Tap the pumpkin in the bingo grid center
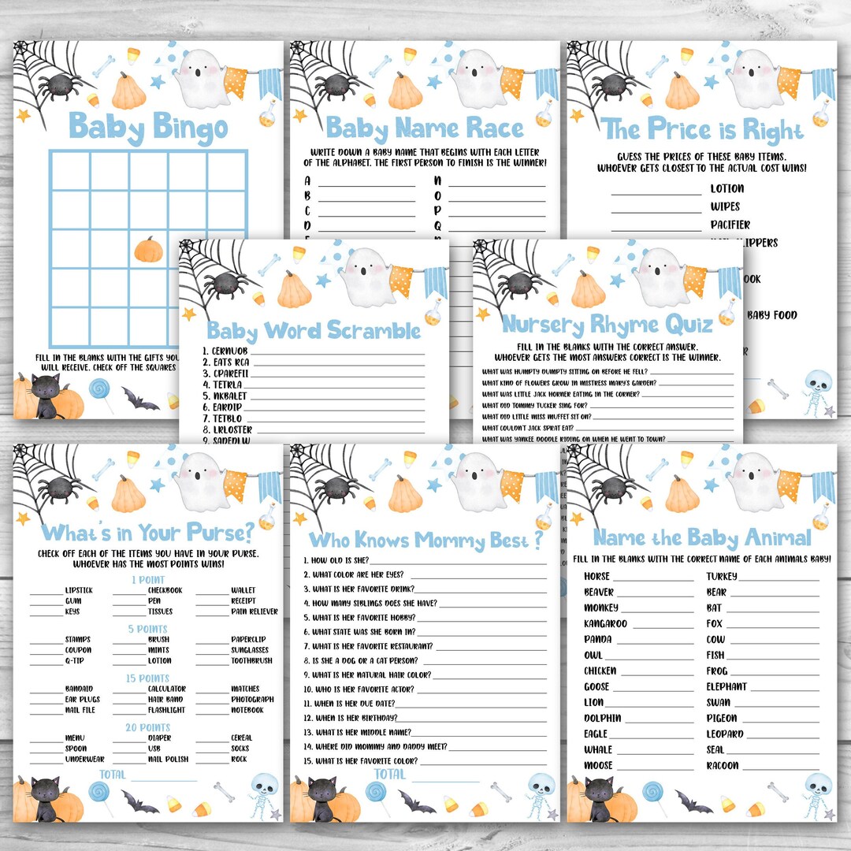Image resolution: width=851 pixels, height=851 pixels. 148,250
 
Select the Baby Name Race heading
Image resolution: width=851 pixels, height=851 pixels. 425,128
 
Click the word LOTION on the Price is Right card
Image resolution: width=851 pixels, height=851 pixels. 727,189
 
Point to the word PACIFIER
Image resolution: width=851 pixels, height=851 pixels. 730,225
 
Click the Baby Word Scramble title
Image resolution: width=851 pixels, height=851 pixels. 314,330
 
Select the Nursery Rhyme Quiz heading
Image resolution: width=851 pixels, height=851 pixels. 608,324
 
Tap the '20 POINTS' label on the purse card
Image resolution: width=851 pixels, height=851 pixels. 148,727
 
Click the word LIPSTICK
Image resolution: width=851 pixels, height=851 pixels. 79,590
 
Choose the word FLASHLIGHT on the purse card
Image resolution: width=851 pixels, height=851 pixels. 166,710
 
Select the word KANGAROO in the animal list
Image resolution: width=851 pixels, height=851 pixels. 605,624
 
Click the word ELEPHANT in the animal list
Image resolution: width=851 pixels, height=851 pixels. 727,687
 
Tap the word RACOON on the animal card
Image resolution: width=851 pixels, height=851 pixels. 723,766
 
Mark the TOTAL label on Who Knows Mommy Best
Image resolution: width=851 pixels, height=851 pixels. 389,775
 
